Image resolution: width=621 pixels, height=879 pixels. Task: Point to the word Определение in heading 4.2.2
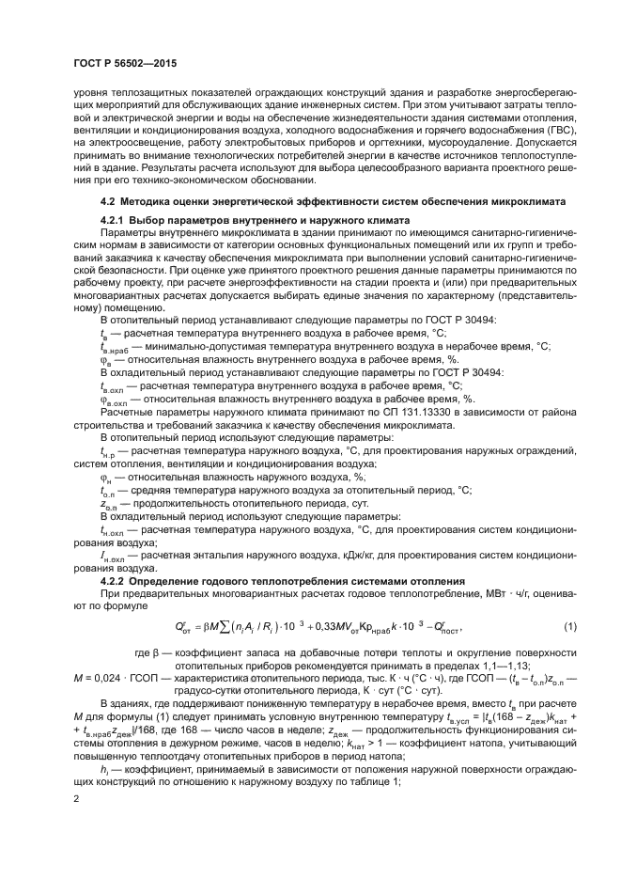pos(165,580)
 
